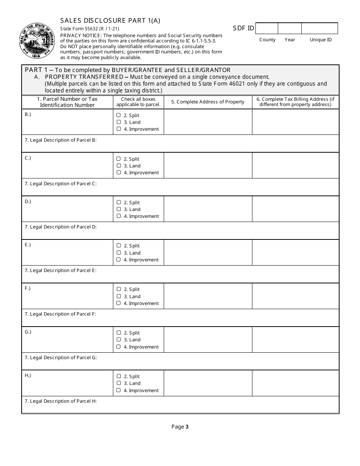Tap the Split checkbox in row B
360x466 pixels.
point(119,115)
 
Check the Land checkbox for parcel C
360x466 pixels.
point(119,166)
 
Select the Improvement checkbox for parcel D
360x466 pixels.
point(119,216)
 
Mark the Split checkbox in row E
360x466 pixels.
point(119,246)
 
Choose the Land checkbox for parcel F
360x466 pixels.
point(119,296)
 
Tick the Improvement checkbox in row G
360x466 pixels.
point(119,347)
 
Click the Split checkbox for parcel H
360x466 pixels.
point(119,376)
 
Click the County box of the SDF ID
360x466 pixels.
point(267,28)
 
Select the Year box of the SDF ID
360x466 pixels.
point(290,28)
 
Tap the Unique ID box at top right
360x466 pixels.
point(319,28)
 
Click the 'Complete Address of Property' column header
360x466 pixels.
point(208,102)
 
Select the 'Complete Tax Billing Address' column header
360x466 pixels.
point(296,102)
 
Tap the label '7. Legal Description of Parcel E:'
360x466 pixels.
point(61,271)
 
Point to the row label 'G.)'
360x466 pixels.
point(28,332)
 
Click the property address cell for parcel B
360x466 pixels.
point(208,122)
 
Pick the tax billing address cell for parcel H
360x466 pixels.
point(296,383)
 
